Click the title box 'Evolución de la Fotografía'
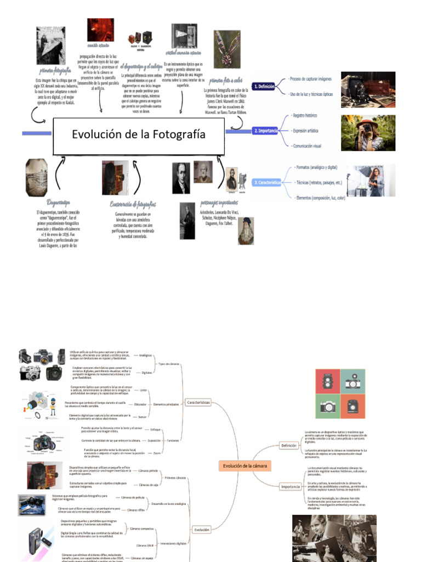[x=138, y=135]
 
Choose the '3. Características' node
[x=266, y=182]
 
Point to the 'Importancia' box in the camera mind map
[x=290, y=486]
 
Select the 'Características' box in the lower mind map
[x=198, y=402]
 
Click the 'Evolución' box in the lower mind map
[x=201, y=530]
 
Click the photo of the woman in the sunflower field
[x=368, y=132]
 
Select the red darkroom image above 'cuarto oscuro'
[x=100, y=30]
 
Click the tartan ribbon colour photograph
[x=226, y=49]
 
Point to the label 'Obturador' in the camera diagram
[x=141, y=404]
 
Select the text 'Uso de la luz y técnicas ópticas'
[x=311, y=94]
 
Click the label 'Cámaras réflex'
[x=136, y=510]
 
